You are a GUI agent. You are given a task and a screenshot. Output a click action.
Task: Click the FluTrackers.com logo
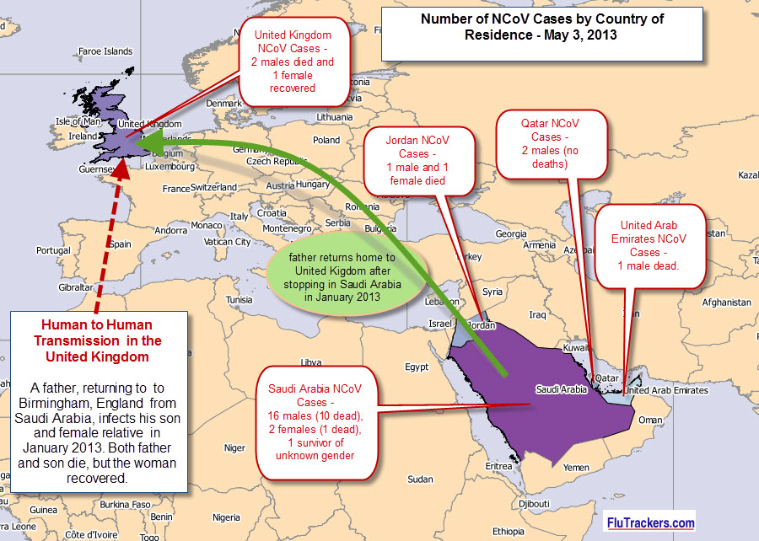(651, 523)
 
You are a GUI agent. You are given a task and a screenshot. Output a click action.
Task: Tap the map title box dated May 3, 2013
(542, 28)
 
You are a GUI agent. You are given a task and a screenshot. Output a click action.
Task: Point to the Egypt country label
(417, 367)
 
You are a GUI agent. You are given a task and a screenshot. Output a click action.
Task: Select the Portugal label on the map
(54, 250)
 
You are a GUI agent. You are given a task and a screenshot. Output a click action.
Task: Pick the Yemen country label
(576, 467)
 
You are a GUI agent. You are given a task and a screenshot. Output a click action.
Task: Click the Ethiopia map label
(508, 532)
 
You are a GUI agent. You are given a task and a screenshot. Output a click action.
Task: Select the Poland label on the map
(326, 141)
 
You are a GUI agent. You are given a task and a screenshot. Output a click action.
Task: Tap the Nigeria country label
(226, 517)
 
